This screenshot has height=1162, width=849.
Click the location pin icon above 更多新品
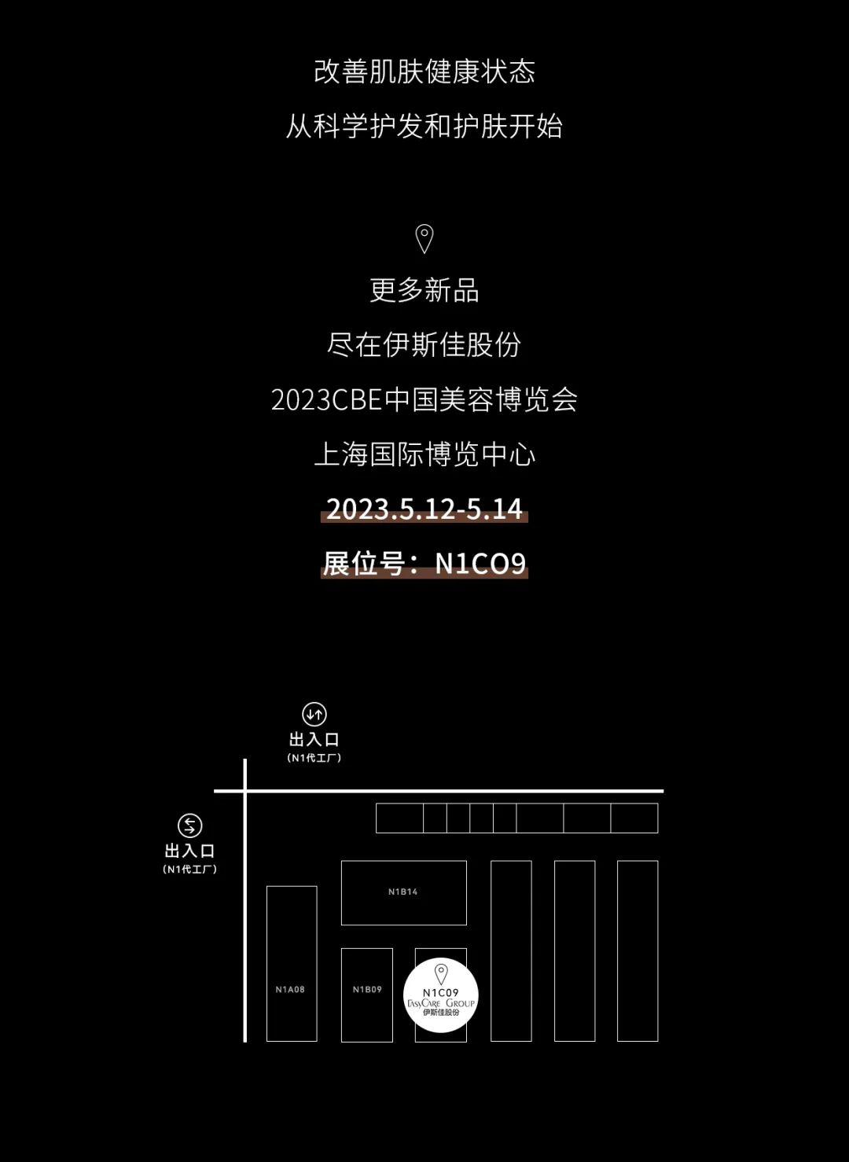click(424, 238)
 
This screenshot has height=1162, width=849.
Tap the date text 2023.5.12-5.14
click(424, 509)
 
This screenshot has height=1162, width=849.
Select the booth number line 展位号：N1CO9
click(424, 563)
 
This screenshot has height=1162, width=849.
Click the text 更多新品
click(424, 290)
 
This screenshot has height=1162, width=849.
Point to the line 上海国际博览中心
click(424, 454)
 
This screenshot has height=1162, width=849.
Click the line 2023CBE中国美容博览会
click(424, 399)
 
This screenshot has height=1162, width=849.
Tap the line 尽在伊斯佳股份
click(424, 344)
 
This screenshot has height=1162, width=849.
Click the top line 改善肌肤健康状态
click(424, 72)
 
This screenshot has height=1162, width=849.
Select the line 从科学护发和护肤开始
click(424, 126)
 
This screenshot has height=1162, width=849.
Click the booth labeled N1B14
click(403, 892)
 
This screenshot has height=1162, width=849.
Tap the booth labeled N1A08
click(291, 963)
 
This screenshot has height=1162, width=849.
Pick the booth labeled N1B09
click(366, 994)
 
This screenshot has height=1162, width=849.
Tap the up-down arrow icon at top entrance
click(314, 714)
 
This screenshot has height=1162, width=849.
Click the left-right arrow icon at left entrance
click(189, 826)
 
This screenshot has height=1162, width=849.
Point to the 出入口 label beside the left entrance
click(189, 851)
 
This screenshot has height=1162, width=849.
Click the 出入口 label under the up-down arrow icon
click(314, 739)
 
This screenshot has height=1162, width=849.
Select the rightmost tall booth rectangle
click(637, 951)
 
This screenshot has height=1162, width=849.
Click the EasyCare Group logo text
click(441, 1003)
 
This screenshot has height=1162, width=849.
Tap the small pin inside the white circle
click(441, 974)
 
